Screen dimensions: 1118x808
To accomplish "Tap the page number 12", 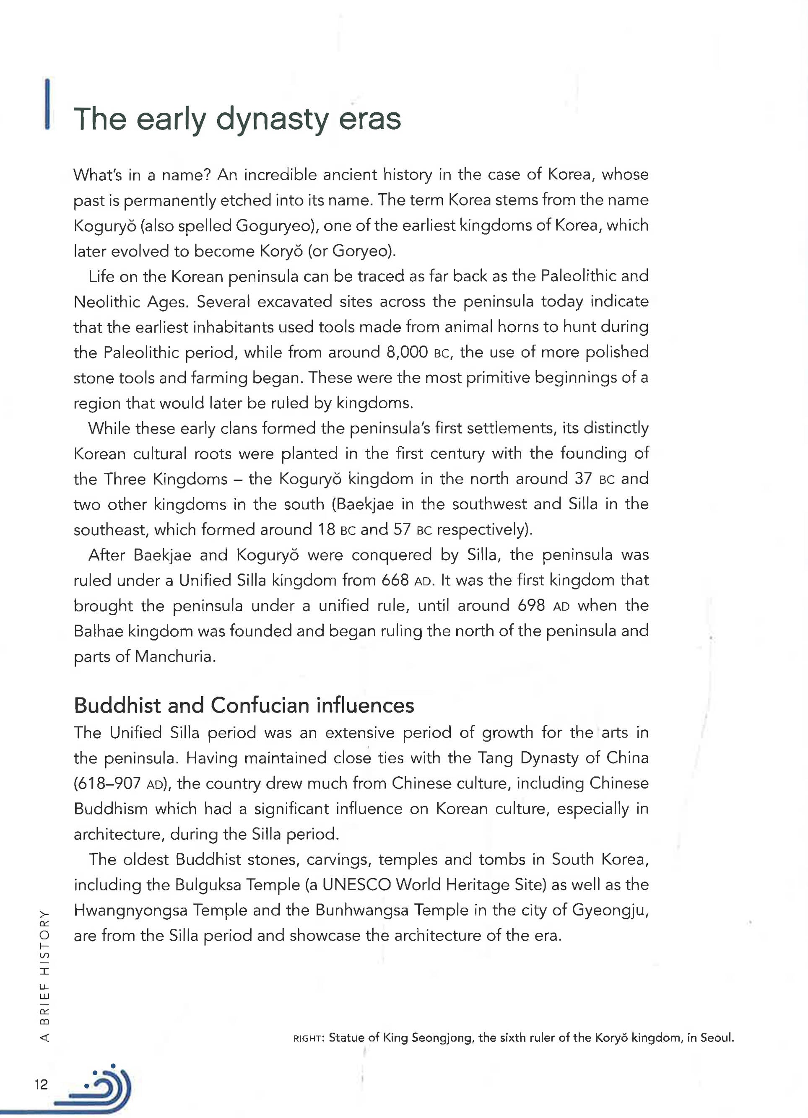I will click(42, 1084).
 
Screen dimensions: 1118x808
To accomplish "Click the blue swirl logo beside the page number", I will click(101, 1087).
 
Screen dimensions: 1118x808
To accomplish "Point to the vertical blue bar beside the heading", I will click(47, 104).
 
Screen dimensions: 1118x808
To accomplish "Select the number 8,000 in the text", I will click(407, 352).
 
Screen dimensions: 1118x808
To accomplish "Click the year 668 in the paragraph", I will click(395, 580).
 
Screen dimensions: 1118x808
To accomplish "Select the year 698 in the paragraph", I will click(531, 605).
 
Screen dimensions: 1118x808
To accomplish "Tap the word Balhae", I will click(98, 631).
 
